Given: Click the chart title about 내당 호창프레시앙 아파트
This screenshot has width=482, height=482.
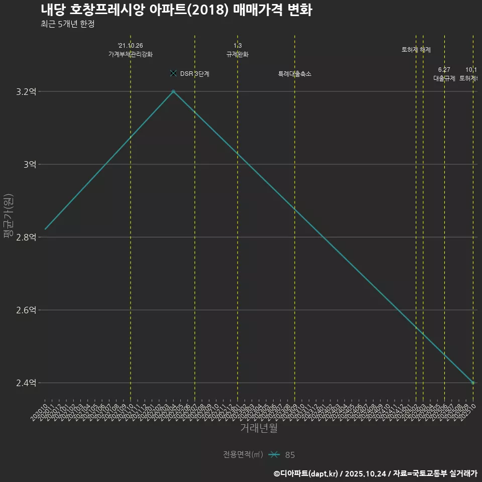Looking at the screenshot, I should (176, 10).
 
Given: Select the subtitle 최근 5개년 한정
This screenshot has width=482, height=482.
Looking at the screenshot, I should (67, 24).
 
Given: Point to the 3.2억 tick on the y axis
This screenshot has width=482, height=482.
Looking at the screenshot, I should (26, 91).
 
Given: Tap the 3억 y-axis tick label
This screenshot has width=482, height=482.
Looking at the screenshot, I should (29, 164).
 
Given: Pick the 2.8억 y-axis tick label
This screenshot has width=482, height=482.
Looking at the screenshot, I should (26, 237).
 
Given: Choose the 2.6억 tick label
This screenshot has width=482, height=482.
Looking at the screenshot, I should (26, 310).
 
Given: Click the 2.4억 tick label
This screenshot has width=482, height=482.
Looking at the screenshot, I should (26, 383).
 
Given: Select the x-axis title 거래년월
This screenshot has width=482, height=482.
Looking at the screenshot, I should (259, 428).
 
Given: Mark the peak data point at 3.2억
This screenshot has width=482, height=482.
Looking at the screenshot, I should (173, 91).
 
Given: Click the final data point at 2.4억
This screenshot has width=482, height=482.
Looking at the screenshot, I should (473, 383).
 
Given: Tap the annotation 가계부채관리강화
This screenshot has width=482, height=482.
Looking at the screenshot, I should (131, 54).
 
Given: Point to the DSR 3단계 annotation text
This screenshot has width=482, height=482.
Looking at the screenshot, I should (194, 74).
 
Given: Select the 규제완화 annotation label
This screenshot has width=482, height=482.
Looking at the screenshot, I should (237, 54).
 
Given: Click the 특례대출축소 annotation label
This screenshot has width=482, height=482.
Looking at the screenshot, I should (295, 74).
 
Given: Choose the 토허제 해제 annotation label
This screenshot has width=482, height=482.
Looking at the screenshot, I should (416, 50).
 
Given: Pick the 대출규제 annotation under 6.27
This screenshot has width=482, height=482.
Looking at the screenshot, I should (444, 78).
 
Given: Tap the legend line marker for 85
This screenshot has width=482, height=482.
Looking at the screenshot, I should (274, 455).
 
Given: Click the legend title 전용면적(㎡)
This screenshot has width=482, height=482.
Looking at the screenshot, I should (243, 455).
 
